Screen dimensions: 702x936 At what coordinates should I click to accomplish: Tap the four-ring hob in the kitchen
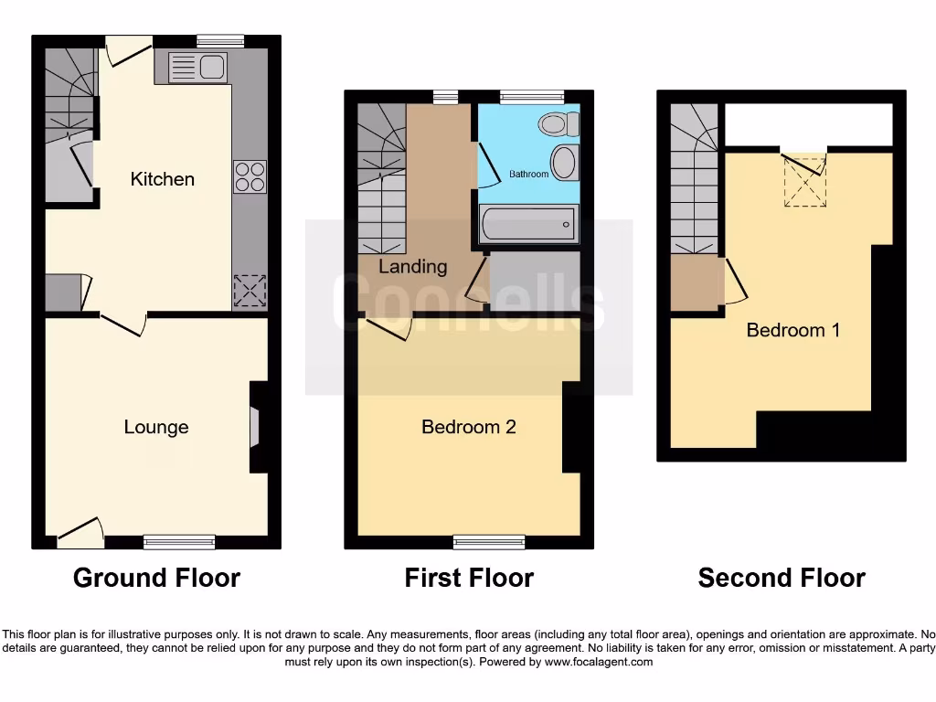point(250,177)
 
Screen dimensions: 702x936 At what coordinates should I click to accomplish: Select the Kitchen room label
point(163,179)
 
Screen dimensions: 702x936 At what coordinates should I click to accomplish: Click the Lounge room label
point(156,427)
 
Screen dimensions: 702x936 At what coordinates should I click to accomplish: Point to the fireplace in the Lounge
point(255,427)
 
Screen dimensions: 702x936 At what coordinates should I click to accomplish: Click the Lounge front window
point(179,542)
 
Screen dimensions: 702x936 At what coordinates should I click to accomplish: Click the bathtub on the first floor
point(528,223)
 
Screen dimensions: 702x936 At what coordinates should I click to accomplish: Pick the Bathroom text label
point(528,174)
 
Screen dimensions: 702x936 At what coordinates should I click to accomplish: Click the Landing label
point(413,267)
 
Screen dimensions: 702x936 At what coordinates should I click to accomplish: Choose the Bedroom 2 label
point(469,427)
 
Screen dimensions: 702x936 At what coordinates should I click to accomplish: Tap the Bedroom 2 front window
point(489,542)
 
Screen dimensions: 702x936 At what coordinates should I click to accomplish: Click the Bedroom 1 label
point(793,330)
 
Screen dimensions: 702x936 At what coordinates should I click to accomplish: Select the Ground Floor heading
point(156,578)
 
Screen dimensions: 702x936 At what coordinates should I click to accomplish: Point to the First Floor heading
point(469,578)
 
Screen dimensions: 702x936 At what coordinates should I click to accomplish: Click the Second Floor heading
point(782,578)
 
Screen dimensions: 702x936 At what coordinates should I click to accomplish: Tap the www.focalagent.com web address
point(599,662)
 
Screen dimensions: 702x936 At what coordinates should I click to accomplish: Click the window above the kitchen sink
point(220,40)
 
